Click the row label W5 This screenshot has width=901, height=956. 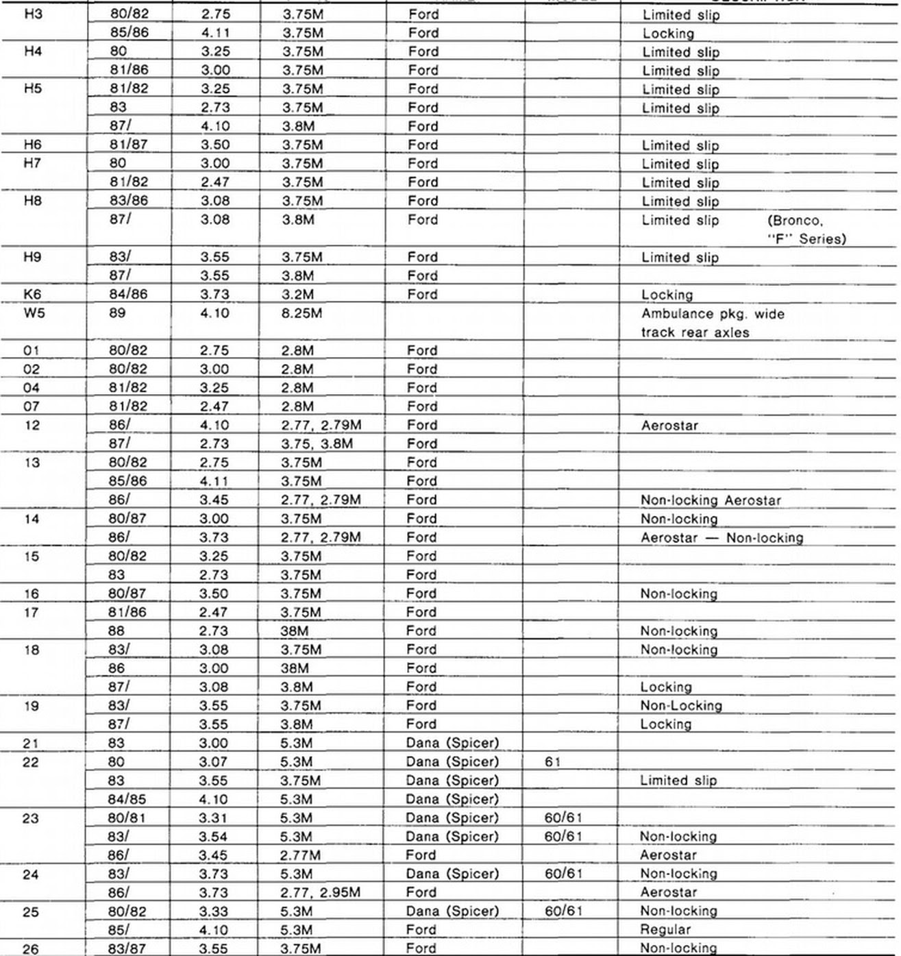pyautogui.click(x=32, y=313)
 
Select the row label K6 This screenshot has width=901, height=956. pyautogui.click(x=32, y=295)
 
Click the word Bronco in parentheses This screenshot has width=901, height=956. pyautogui.click(x=795, y=221)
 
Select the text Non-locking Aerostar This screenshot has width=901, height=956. pyautogui.click(x=711, y=500)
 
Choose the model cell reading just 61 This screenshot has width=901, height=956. pyautogui.click(x=553, y=762)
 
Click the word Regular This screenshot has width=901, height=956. pyautogui.click(x=665, y=930)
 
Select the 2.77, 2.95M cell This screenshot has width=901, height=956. pyautogui.click(x=321, y=893)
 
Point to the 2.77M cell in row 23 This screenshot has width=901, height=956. pyautogui.click(x=301, y=855)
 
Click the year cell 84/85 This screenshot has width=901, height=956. pyautogui.click(x=127, y=799)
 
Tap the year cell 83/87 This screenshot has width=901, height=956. pyautogui.click(x=127, y=948)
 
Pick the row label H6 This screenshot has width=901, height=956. pyautogui.click(x=32, y=145)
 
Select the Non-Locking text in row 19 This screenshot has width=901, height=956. pyautogui.click(x=681, y=706)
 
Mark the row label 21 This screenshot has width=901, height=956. pyautogui.click(x=31, y=744)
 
